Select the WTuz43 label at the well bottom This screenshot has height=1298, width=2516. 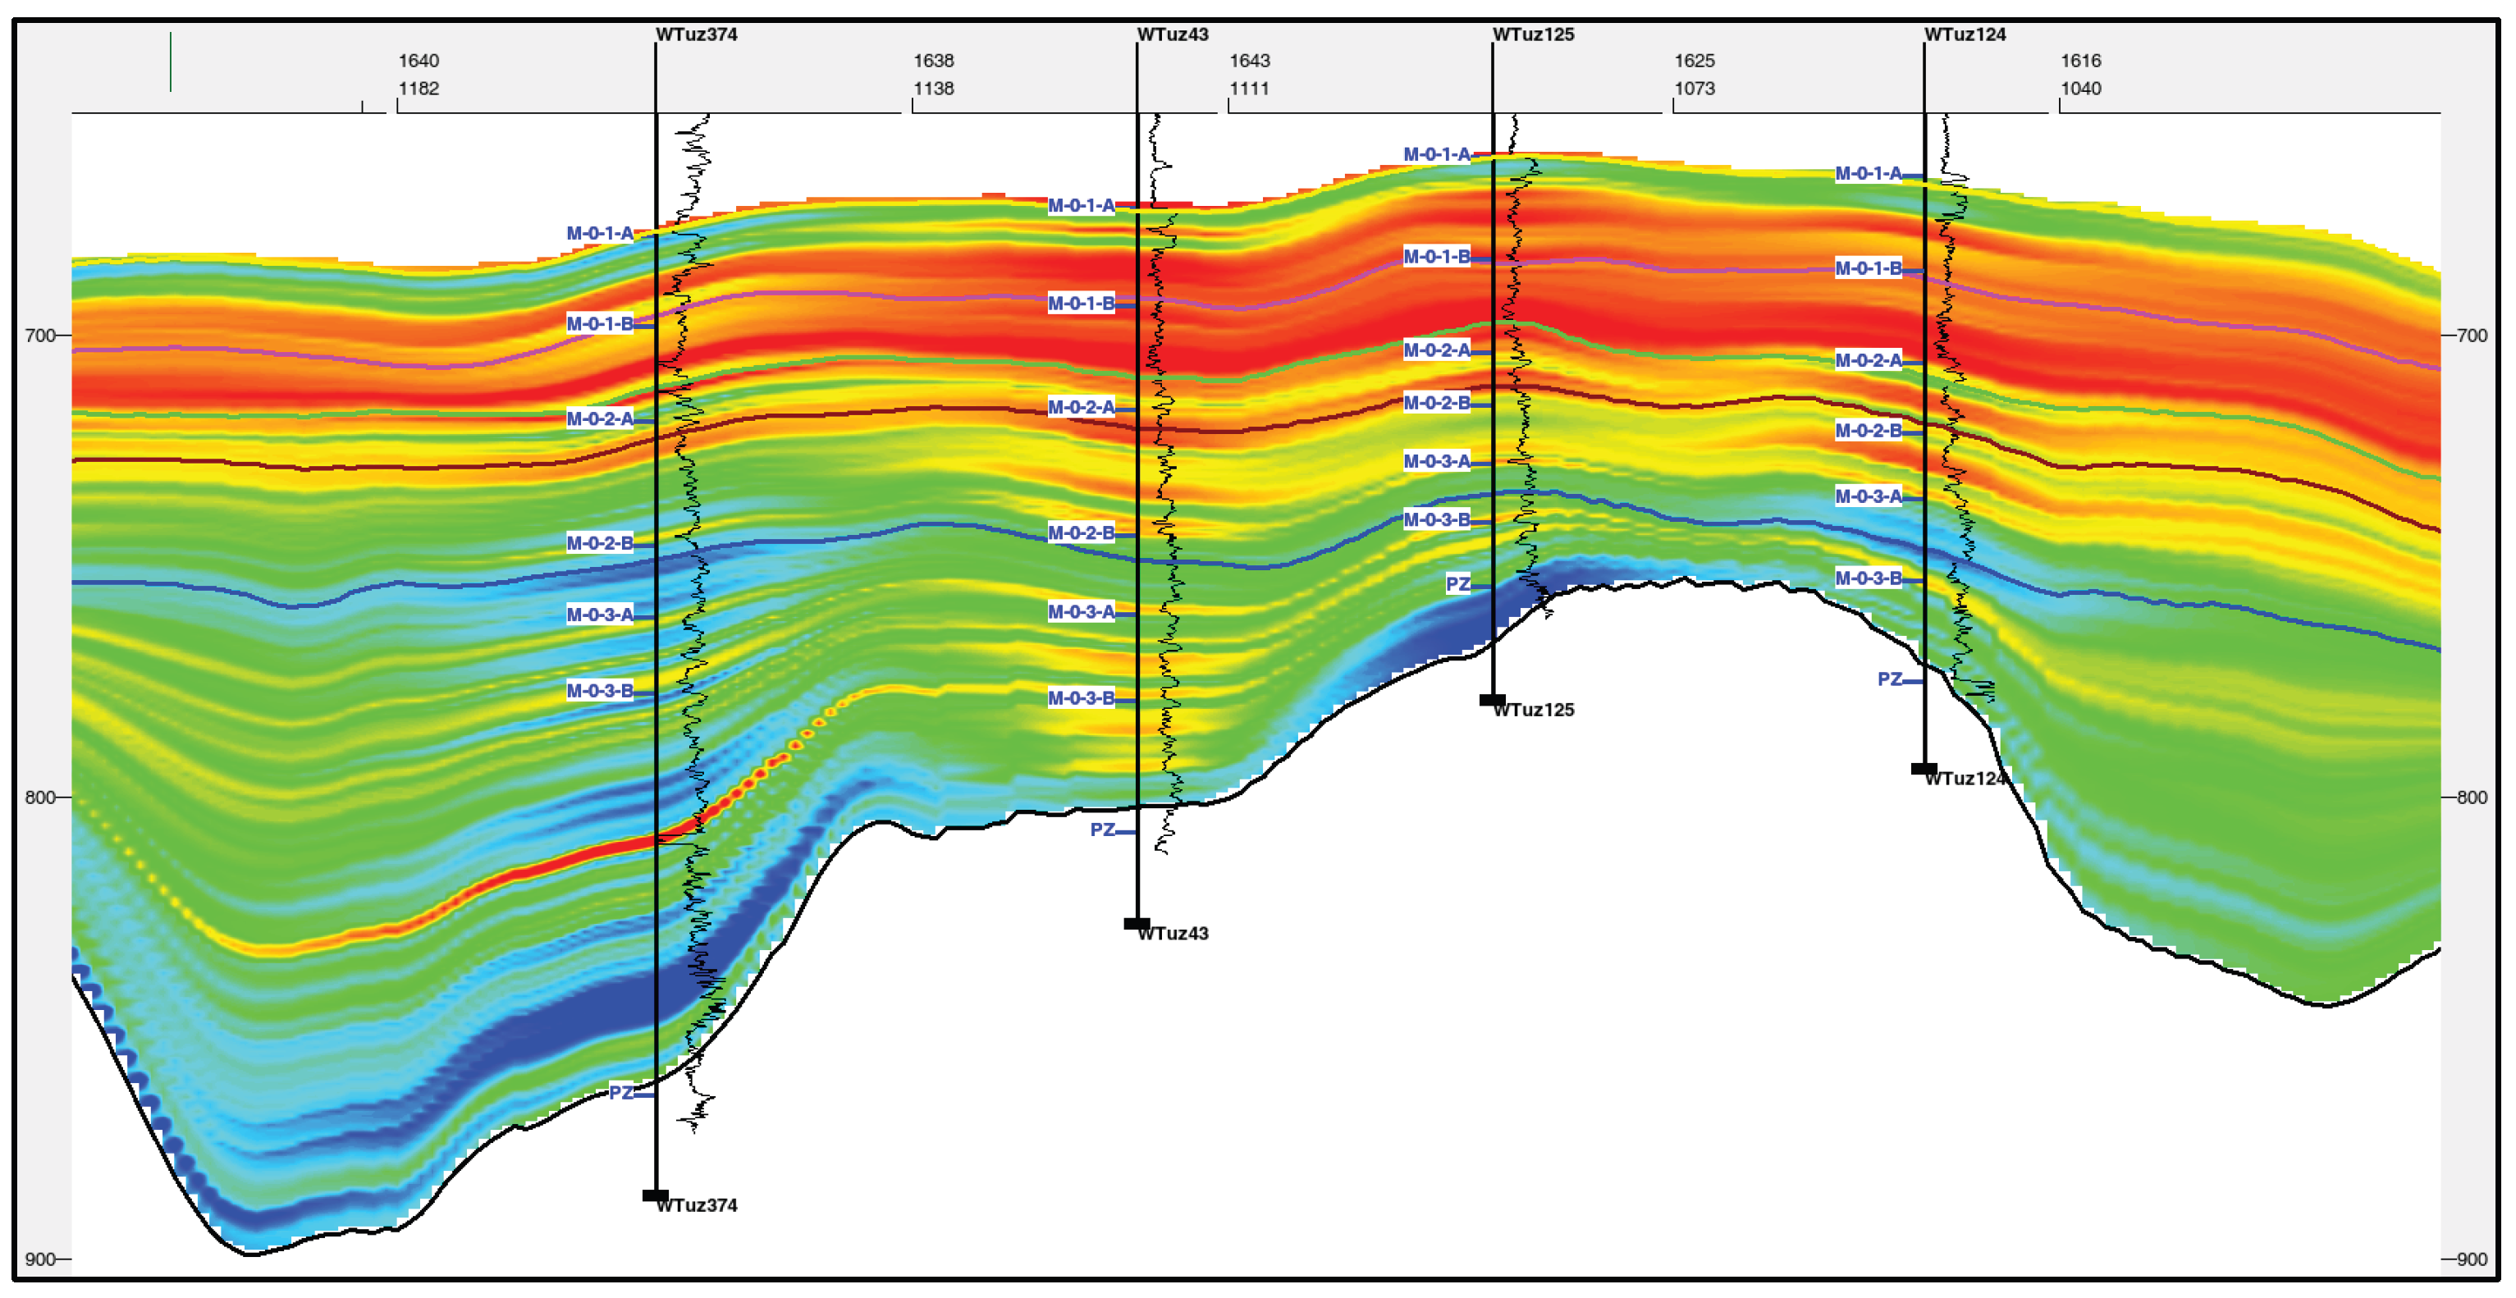(x=1172, y=933)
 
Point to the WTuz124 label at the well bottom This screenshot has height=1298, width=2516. (x=1965, y=779)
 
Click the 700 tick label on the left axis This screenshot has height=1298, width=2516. (x=40, y=335)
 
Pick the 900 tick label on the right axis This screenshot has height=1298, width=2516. (x=2471, y=1259)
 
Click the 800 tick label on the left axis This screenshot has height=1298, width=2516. (x=40, y=797)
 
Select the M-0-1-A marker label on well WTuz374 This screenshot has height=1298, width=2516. (x=600, y=233)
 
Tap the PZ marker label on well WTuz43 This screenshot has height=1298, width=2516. (x=1103, y=830)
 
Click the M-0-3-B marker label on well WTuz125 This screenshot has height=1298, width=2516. (x=1437, y=519)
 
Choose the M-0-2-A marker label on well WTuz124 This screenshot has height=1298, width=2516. (x=1869, y=360)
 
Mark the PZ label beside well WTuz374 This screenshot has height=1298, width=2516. (x=621, y=1092)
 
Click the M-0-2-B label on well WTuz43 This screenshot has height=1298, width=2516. (x=1082, y=532)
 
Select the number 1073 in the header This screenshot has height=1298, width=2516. (x=1695, y=88)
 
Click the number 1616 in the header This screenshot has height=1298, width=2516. (x=2080, y=61)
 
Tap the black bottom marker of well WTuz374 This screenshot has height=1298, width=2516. (x=656, y=1195)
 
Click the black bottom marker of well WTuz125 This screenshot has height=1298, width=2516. (x=1493, y=700)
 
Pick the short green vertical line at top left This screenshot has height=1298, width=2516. (x=171, y=62)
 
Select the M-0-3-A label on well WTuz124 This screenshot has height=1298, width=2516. (x=1869, y=496)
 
